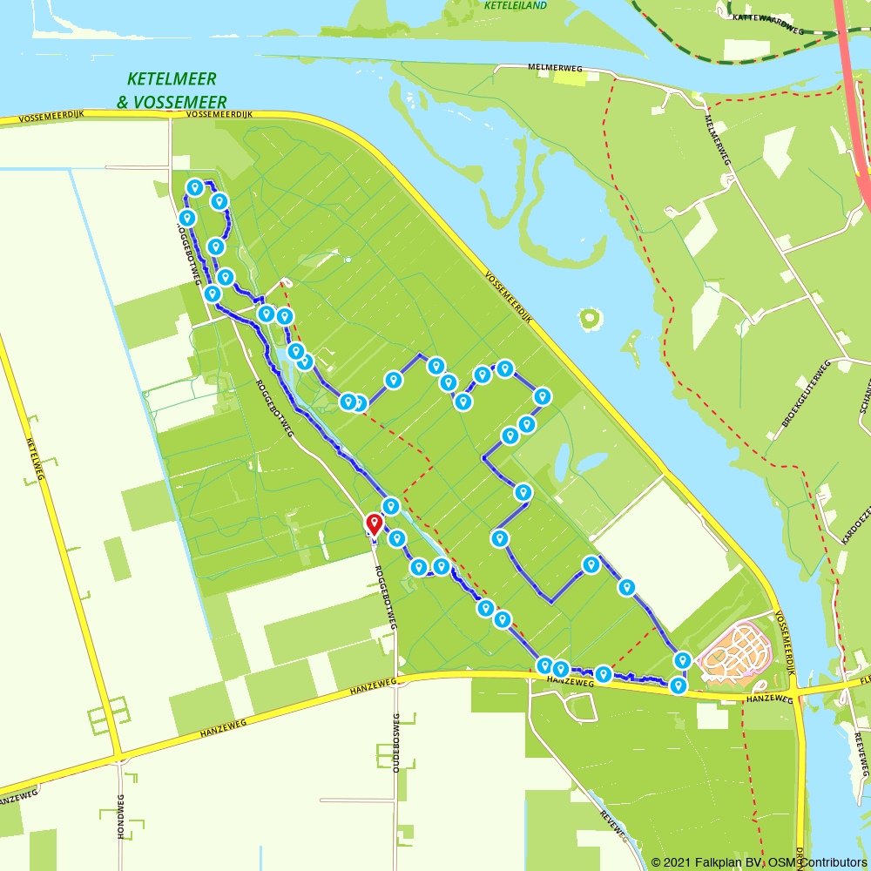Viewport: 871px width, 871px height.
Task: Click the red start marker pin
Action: coord(374,523)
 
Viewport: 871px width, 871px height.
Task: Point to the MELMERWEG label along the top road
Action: coord(554,67)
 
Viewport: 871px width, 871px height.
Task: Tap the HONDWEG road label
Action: coord(121,816)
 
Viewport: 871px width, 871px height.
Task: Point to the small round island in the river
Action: coord(591,318)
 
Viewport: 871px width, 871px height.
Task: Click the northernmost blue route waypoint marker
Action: coord(195,187)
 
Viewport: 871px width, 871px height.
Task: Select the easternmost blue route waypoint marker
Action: coord(683,660)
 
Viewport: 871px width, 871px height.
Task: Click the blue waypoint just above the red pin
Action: coord(391,505)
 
